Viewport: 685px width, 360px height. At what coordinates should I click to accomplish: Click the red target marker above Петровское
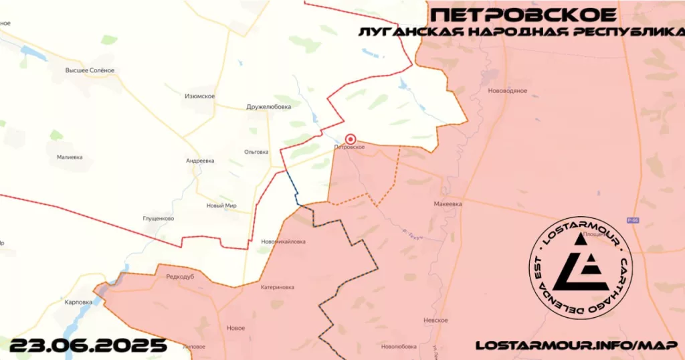[349, 139]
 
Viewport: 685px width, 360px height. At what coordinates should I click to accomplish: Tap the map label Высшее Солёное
[90, 70]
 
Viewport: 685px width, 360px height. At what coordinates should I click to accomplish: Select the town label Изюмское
[199, 96]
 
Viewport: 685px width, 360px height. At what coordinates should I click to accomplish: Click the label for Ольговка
[256, 152]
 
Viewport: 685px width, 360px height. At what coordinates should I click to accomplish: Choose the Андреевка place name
[200, 161]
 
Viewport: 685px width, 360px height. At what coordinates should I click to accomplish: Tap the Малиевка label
[70, 157]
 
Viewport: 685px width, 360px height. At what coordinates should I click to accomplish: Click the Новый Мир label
[221, 205]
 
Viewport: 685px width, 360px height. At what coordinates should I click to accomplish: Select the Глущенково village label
[159, 218]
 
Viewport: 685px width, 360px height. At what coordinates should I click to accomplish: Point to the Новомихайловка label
[283, 242]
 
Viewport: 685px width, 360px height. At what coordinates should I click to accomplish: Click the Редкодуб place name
[180, 276]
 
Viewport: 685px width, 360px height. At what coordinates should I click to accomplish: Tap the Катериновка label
[277, 287]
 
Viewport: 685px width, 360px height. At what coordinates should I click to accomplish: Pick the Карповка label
[78, 302]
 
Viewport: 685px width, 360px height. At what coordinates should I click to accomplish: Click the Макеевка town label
[448, 203]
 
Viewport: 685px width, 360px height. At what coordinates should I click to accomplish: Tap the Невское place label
[435, 321]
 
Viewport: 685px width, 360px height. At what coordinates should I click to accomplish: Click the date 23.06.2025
[88, 345]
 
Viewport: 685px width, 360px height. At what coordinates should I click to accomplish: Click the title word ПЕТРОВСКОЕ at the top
[524, 15]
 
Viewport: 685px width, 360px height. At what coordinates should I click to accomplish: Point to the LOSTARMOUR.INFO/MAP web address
[576, 345]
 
